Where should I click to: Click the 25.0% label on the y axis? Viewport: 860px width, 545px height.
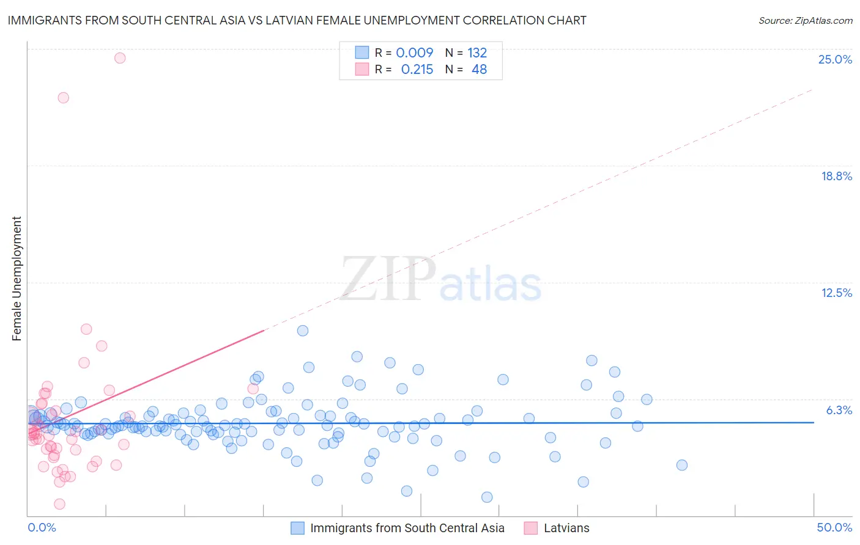[835, 59]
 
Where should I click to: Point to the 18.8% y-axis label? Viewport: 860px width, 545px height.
[836, 176]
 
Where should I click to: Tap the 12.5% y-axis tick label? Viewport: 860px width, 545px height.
[836, 293]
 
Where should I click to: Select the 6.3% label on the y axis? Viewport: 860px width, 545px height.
[839, 410]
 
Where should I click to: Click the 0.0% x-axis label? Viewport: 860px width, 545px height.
[42, 527]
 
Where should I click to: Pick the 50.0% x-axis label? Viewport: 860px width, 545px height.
[834, 527]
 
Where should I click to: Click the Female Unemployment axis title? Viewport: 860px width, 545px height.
[17, 278]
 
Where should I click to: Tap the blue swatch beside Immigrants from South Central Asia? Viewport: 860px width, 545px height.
[297, 528]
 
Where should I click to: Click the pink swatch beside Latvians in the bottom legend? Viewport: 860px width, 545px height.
[531, 528]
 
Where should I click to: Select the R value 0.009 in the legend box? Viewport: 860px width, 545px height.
[414, 53]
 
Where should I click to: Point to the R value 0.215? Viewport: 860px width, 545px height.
[417, 70]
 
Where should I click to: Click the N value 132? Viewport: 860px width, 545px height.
[477, 53]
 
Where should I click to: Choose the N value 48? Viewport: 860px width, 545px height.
[479, 70]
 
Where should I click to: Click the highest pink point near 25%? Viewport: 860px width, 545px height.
[120, 58]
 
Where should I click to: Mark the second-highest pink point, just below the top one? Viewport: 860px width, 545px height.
[63, 98]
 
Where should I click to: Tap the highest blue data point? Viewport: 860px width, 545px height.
[302, 331]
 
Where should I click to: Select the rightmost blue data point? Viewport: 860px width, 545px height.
[682, 465]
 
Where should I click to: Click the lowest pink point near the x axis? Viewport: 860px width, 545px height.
[59, 504]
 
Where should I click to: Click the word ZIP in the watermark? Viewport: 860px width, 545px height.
[388, 279]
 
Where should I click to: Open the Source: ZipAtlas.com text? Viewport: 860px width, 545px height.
[805, 20]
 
